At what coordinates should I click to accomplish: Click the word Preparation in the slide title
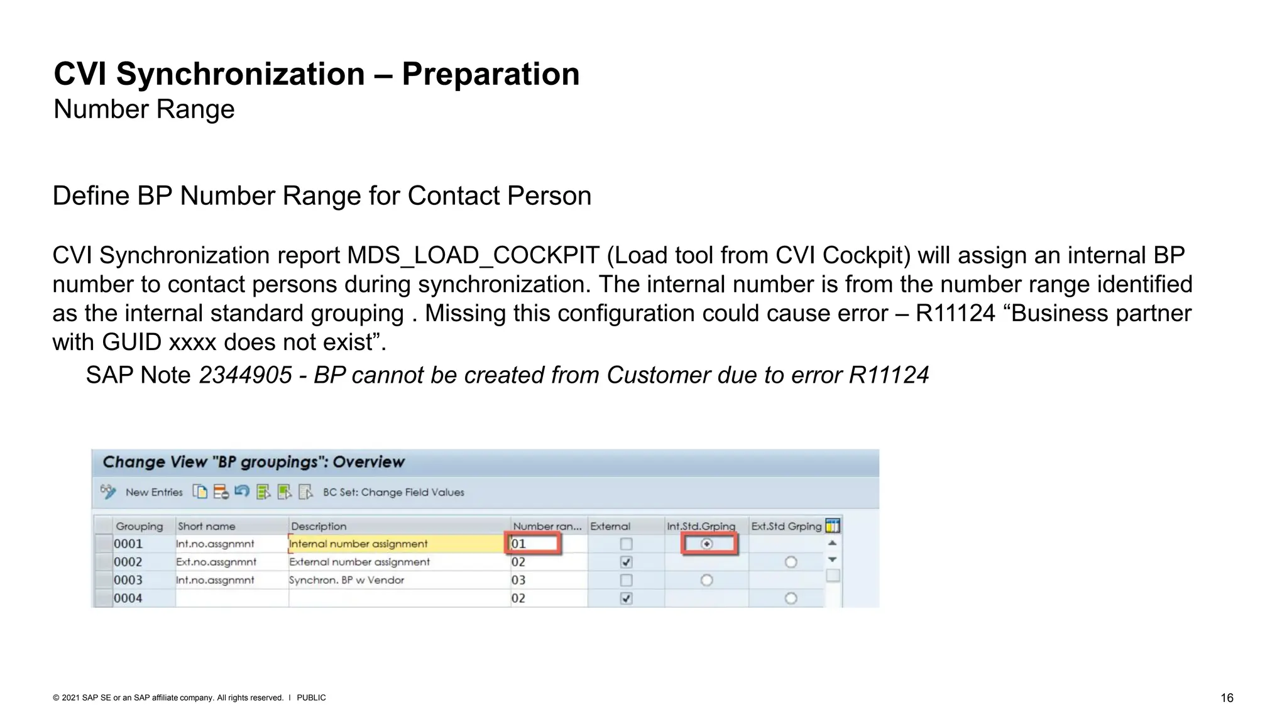coord(490,74)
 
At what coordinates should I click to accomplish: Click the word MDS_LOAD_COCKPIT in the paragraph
coord(473,256)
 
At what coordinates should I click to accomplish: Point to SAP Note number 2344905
coord(245,375)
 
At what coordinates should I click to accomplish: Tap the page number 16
coord(1227,698)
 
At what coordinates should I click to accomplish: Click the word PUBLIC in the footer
coord(311,698)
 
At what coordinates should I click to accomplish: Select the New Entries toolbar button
coord(154,492)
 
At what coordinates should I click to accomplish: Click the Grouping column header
coord(139,526)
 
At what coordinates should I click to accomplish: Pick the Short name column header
coord(206,526)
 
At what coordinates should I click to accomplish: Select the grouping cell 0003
coord(128,580)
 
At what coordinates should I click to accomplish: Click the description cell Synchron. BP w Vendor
coord(346,580)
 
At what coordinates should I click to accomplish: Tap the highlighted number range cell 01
coord(533,544)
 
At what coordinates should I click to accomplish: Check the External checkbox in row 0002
coord(626,562)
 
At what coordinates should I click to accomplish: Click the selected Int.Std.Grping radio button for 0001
coord(707,544)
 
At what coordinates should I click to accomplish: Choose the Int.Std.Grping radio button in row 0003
coord(707,580)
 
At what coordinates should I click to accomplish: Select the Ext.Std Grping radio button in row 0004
coord(791,598)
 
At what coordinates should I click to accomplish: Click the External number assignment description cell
coord(359,562)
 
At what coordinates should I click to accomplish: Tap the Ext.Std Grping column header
coord(786,526)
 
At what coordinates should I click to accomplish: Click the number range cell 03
coord(518,580)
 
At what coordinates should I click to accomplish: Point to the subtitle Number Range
coord(144,109)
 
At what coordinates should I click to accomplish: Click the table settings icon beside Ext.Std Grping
coord(833,525)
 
